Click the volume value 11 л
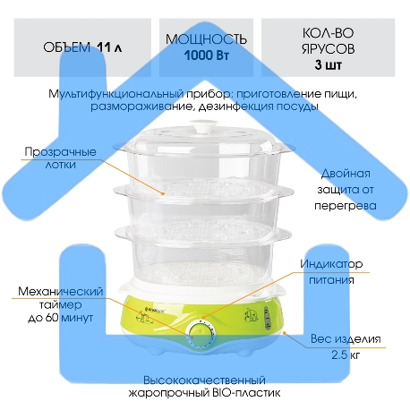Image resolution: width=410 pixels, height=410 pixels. pyautogui.click(x=109, y=47)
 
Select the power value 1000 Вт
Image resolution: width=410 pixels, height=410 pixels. pyautogui.click(x=206, y=56)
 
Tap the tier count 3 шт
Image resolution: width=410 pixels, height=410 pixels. pyautogui.click(x=328, y=64)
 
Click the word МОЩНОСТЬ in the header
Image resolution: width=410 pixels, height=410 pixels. pyautogui.click(x=206, y=39)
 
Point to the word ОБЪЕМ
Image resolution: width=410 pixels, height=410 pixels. pyautogui.click(x=66, y=47)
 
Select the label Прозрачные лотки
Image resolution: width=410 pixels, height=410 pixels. pyautogui.click(x=60, y=158)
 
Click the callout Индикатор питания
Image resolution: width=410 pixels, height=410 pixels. pyautogui.click(x=331, y=272)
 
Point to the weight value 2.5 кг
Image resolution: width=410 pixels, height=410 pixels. pyautogui.click(x=346, y=355)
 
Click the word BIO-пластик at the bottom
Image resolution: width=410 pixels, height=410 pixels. pyautogui.click(x=245, y=393)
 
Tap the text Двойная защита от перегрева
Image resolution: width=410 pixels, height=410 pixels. pyautogui.click(x=346, y=190)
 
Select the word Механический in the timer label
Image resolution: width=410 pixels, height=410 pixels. pyautogui.click(x=61, y=291)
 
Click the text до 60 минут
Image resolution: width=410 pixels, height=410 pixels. pyautogui.click(x=61, y=318)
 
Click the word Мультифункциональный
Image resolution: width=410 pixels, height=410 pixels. pyautogui.click(x=115, y=94)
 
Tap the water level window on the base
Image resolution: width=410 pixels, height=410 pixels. pyautogui.click(x=268, y=320)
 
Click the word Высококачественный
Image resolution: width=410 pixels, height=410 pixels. pyautogui.click(x=204, y=380)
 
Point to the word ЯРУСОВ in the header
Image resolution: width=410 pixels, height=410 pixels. pyautogui.click(x=328, y=49)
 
